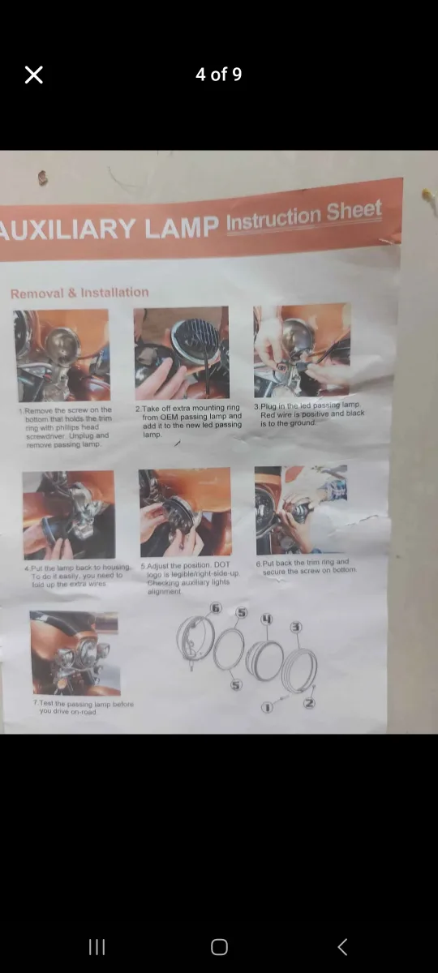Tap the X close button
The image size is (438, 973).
coord(34,75)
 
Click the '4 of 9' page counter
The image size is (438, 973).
coord(218,75)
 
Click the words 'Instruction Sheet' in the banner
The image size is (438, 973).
coord(303,216)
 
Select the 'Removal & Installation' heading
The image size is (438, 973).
coord(79,293)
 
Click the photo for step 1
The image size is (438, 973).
coord(62,355)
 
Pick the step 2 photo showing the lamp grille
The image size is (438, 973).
coord(182,353)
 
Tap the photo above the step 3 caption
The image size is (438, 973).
coord(302,350)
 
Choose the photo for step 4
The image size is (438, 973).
coord(68,515)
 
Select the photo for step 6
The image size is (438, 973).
coord(301,509)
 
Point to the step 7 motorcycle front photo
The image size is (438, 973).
coord(74,653)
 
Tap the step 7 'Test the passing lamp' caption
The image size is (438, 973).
coord(84,708)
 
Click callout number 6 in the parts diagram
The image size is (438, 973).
coord(216,608)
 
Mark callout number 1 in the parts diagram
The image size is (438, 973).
coord(266,708)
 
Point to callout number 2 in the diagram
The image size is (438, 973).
coord(308,703)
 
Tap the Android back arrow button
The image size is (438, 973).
coord(342,946)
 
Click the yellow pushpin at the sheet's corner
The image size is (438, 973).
coord(427,195)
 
